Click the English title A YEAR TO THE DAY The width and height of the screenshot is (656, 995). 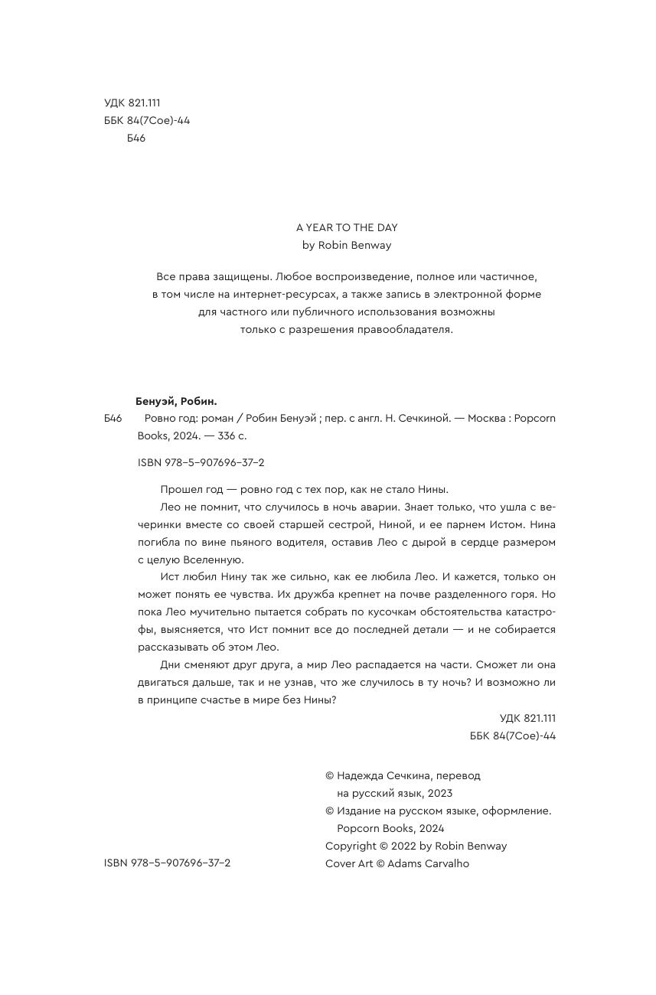[347, 227]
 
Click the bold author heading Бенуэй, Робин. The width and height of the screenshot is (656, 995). [176, 401]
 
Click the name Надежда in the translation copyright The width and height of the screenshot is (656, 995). [363, 775]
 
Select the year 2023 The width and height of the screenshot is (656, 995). [440, 793]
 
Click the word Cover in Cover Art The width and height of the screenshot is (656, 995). [340, 863]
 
